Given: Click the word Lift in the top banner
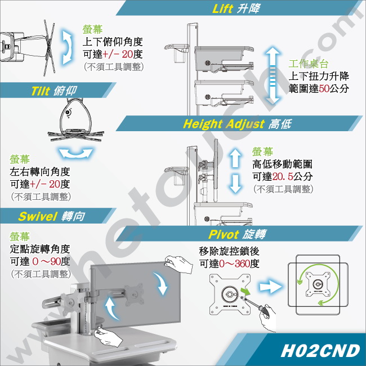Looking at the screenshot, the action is [222, 8].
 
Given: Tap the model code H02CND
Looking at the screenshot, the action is [320, 351].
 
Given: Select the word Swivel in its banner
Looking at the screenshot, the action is [38, 216].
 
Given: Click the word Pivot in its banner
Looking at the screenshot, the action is [224, 234].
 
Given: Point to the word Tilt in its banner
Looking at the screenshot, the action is [41, 91].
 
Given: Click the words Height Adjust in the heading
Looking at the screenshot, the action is [224, 124].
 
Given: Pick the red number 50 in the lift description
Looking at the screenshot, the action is [324, 88].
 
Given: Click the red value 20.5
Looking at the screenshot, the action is [283, 176].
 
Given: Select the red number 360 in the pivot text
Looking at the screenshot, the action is [242, 264].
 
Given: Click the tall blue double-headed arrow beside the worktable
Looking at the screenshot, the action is [273, 75].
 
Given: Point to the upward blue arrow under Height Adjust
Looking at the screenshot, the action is [235, 158].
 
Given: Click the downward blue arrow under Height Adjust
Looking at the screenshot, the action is [235, 184].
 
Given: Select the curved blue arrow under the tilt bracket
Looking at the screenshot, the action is [75, 154].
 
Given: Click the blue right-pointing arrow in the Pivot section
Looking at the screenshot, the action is [270, 287].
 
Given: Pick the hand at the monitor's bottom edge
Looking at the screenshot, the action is [108, 336].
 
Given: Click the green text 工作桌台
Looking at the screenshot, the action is [309, 64].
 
